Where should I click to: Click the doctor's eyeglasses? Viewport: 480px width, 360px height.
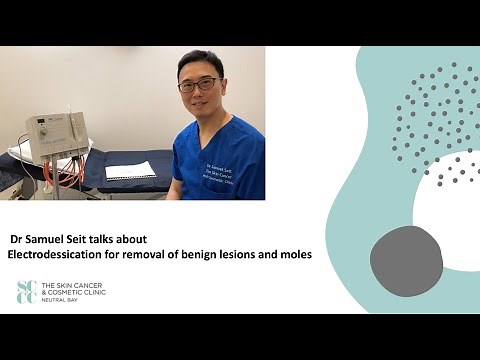coord(199,85)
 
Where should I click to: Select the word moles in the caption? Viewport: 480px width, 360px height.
coord(294,256)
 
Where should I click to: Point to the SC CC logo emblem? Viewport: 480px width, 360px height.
coord(26,291)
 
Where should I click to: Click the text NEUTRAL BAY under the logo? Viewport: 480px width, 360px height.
coord(64,299)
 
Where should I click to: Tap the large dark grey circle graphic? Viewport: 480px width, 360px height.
coord(406,261)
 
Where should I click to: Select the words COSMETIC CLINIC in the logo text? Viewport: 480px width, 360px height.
coord(80,292)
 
